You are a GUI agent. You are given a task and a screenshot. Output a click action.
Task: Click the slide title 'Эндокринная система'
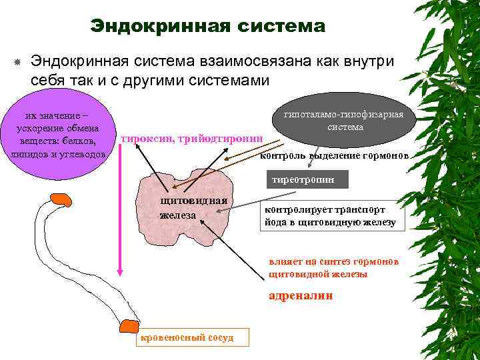[208, 26]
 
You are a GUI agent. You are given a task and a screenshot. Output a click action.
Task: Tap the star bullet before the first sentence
[15, 63]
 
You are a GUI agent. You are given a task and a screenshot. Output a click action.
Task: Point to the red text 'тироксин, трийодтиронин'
[192, 139]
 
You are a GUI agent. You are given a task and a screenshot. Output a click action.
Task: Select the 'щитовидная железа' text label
[193, 209]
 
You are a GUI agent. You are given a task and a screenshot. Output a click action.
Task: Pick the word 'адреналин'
[300, 295]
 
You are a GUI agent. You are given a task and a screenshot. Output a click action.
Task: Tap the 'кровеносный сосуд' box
[185, 337]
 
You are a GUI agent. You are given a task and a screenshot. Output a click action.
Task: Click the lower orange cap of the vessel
[127, 326]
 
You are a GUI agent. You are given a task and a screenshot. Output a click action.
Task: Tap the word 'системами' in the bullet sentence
[229, 81]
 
